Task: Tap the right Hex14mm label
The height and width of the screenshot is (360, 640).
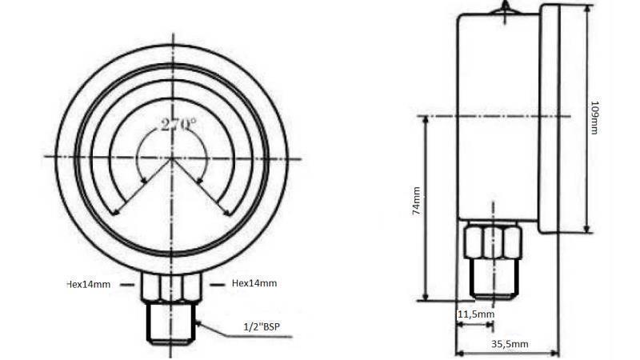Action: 254,283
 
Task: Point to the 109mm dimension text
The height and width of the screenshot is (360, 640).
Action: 594,117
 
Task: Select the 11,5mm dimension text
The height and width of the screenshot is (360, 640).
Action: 475,314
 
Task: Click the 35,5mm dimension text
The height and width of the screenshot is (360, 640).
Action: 510,344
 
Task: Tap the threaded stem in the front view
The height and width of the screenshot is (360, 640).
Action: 171,324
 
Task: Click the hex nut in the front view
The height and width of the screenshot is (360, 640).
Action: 171,286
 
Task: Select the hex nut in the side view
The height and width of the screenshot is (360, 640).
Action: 493,241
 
